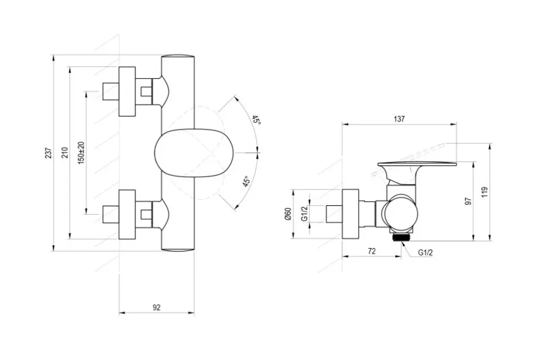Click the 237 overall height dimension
(49, 153)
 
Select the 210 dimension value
(65, 153)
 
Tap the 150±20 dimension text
(81, 153)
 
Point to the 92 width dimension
(156, 307)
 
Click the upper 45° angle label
(256, 120)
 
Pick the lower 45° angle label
(246, 181)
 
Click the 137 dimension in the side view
(399, 119)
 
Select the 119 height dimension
(484, 191)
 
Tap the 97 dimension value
(468, 201)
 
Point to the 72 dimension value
(372, 251)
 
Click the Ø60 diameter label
(288, 214)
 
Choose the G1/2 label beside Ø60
(304, 214)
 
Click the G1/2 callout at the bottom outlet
(425, 253)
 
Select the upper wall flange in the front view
(127, 91)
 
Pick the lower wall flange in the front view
(127, 214)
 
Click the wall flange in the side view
(350, 214)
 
